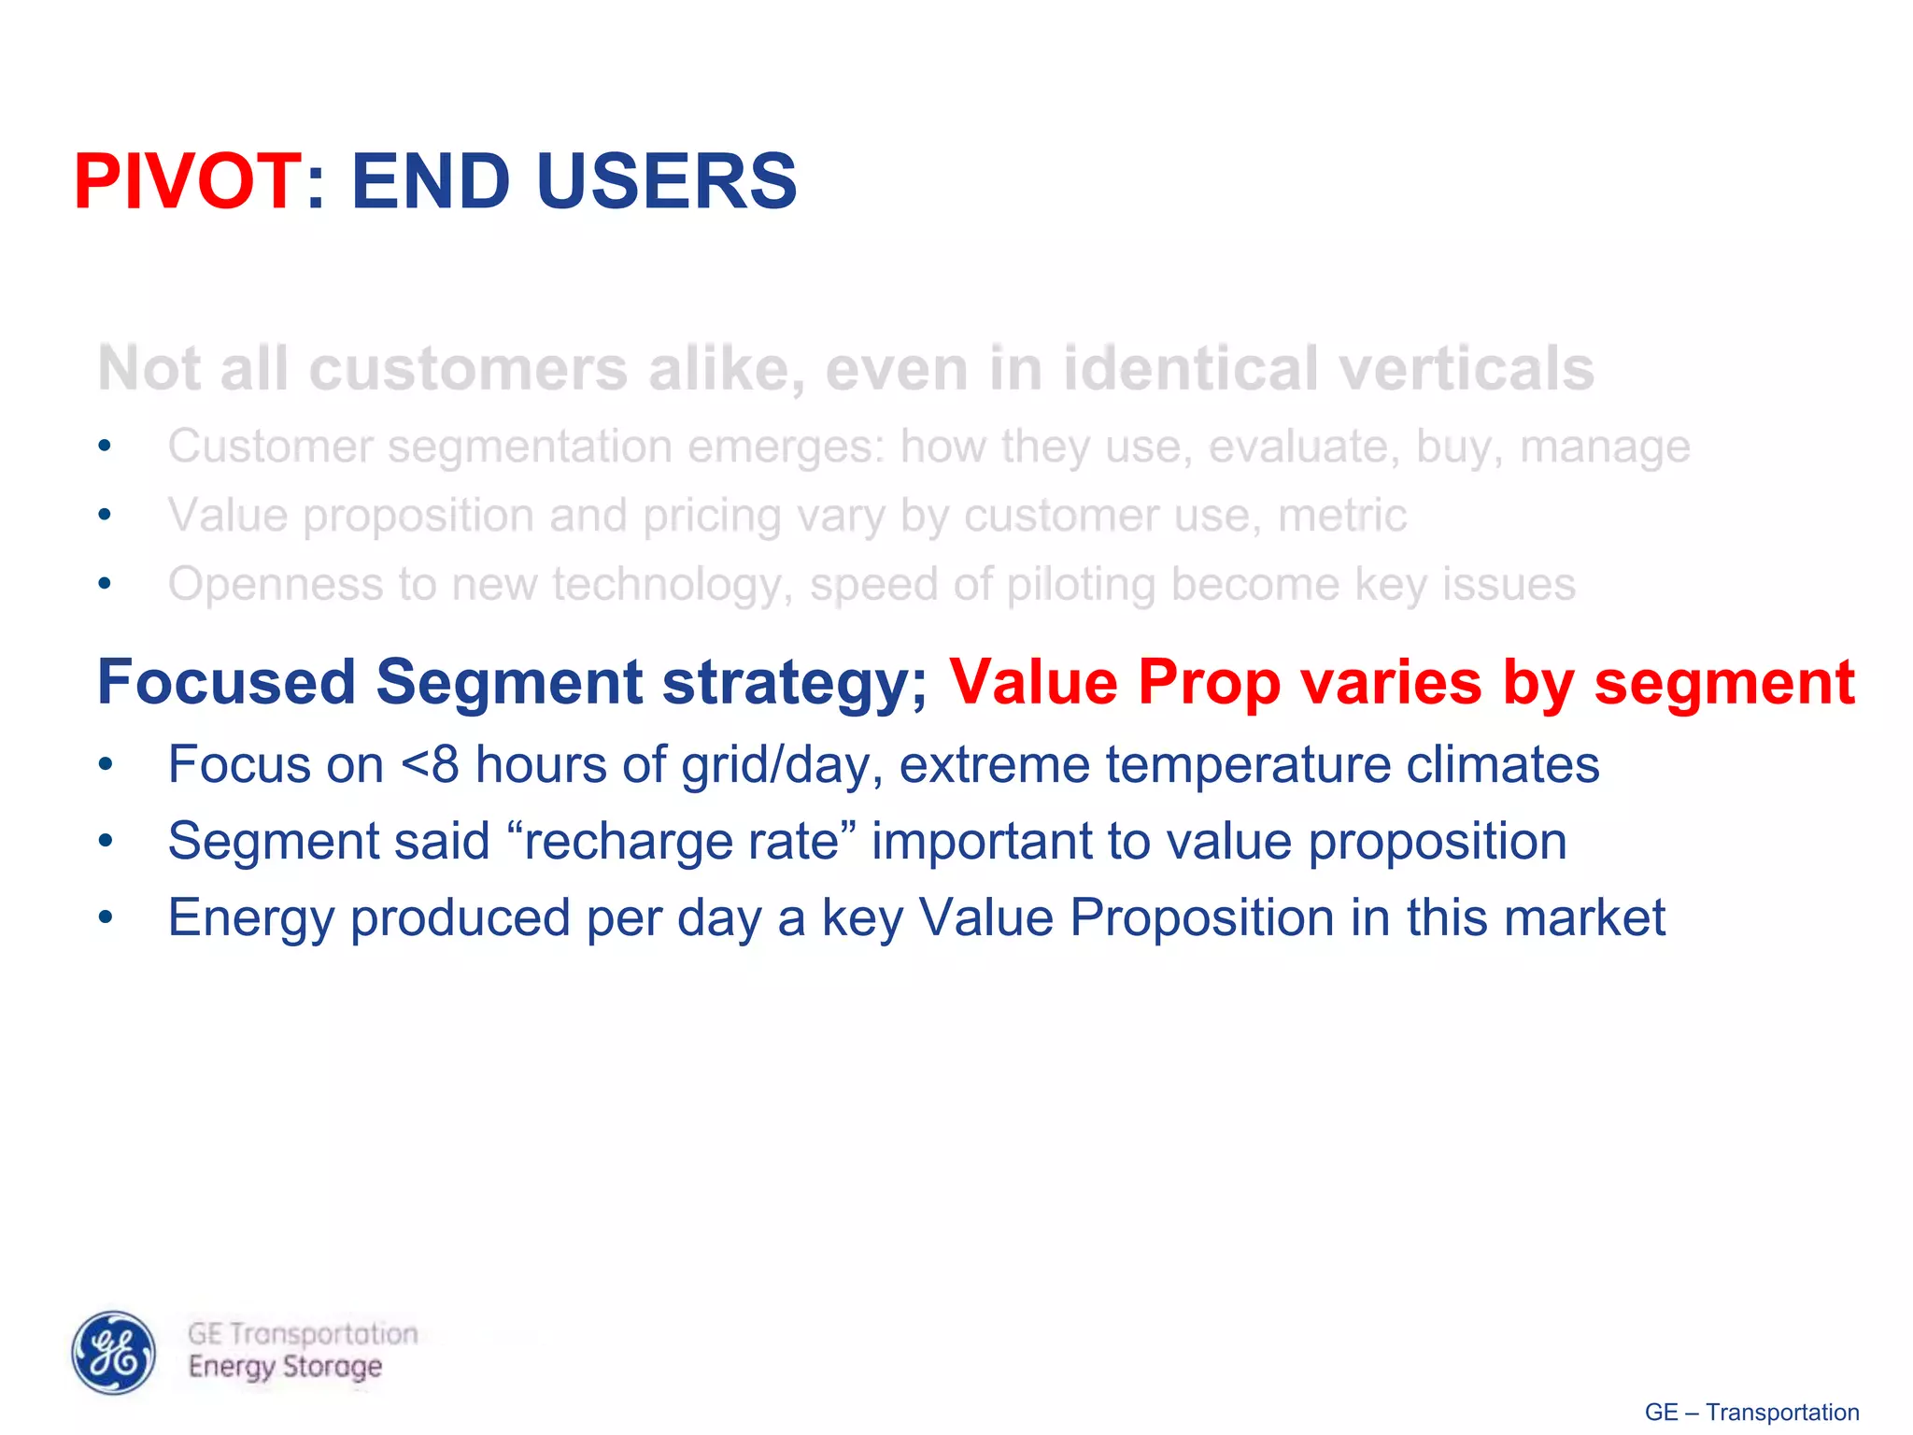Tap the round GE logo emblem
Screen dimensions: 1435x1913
pyautogui.click(x=114, y=1352)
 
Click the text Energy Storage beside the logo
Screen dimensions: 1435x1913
pyautogui.click(x=285, y=1367)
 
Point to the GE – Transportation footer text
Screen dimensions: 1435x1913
pyautogui.click(x=1751, y=1412)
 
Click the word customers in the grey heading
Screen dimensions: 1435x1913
pyautogui.click(x=467, y=369)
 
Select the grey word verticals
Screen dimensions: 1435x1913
pyautogui.click(x=1467, y=369)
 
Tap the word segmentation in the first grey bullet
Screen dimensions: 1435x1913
pyautogui.click(x=530, y=447)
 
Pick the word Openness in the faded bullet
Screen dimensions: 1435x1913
pyautogui.click(x=275, y=585)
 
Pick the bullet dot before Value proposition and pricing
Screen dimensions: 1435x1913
pyautogui.click(x=106, y=515)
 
